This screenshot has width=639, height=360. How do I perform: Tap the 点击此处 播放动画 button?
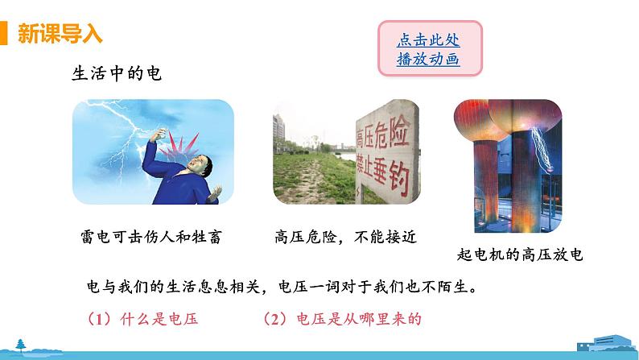pyautogui.click(x=428, y=49)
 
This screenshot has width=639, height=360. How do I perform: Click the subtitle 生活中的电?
pyautogui.click(x=117, y=74)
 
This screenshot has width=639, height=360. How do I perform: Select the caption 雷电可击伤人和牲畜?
pyautogui.click(x=146, y=236)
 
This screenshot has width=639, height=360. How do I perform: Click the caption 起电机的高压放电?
pyautogui.click(x=518, y=255)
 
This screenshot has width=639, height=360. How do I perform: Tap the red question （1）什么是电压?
pyautogui.click(x=142, y=319)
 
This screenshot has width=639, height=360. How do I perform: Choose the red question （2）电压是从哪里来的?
pyautogui.click(x=342, y=319)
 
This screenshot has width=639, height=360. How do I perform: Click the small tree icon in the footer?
pyautogui.click(x=20, y=344)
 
